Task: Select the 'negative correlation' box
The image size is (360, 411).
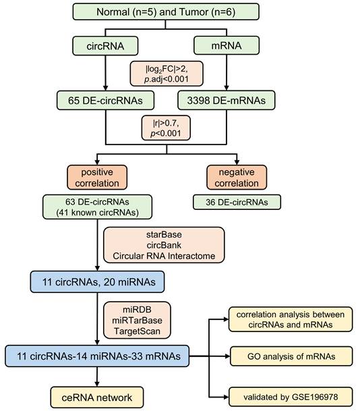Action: click(x=232, y=177)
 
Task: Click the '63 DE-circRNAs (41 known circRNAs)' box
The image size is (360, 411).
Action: click(x=88, y=207)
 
